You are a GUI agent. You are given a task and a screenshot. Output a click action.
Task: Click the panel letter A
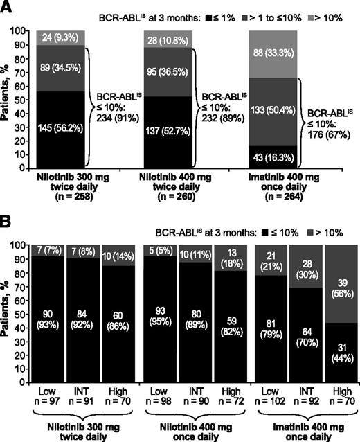coord(7,8)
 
